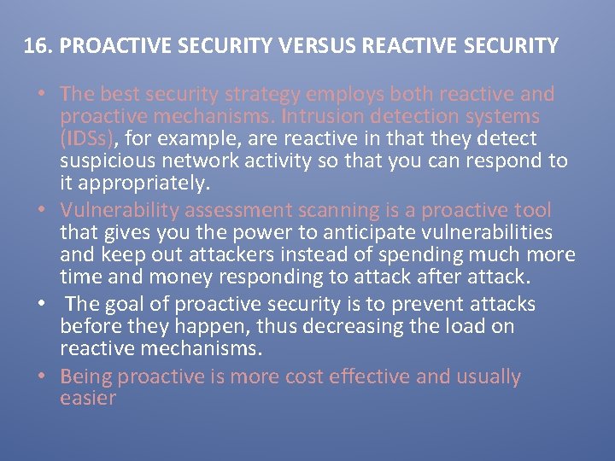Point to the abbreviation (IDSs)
pos(90,138)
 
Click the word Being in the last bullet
pos(86,377)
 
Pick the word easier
pos(88,399)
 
